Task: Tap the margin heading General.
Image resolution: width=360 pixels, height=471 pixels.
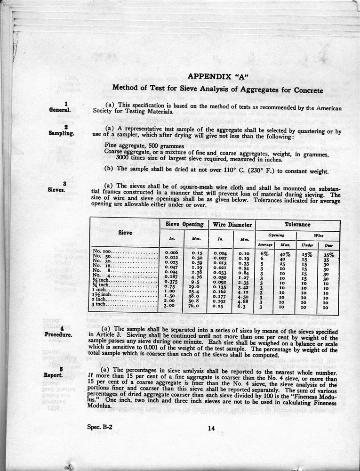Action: point(60,110)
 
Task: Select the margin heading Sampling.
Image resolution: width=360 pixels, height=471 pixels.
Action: point(61,133)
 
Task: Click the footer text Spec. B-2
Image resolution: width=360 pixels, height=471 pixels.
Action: point(100,427)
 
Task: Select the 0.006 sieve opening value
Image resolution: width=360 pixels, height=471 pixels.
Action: point(171,253)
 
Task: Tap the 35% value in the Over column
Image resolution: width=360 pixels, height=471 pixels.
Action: point(328,255)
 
